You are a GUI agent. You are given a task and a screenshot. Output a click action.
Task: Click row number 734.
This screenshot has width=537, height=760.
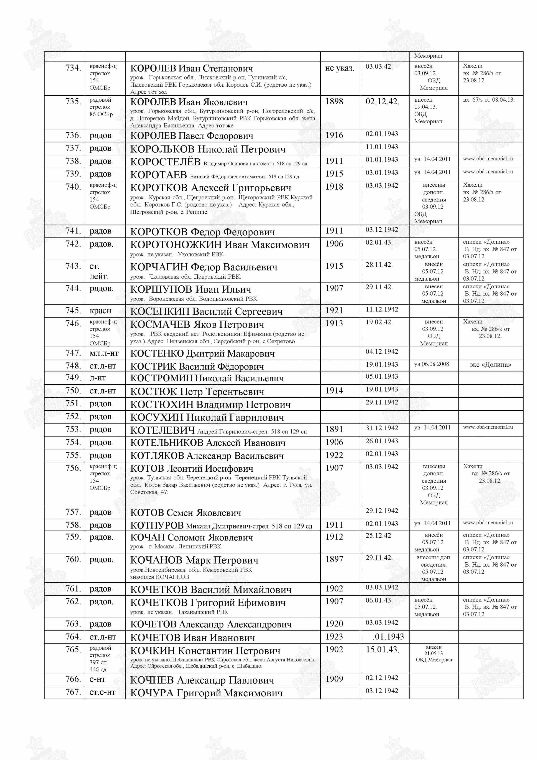coord(73,68)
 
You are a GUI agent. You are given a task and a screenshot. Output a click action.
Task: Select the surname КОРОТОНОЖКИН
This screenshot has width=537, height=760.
coord(176,245)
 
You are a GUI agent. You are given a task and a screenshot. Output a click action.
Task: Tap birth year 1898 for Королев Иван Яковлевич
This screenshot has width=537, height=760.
coord(334,102)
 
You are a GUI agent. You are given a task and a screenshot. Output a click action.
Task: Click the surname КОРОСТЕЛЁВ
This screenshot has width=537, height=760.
coord(165,162)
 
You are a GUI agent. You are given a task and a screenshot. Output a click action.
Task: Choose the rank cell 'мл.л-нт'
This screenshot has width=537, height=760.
coord(104,354)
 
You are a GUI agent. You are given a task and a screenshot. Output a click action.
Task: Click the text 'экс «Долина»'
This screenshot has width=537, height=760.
coord(490,365)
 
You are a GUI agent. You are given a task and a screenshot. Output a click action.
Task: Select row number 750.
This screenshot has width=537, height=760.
coord(73,391)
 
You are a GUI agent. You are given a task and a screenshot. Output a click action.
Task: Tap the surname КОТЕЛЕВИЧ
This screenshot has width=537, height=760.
coord(162,430)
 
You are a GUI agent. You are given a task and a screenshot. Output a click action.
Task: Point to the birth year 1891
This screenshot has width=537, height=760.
coord(334,429)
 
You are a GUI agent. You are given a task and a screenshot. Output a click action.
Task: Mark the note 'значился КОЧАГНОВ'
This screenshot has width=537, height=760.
coord(159,577)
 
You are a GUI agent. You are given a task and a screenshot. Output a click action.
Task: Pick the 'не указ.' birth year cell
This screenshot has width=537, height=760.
coord(340,68)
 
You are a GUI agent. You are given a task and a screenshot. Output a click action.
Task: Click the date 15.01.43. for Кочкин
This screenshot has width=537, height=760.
coord(382,649)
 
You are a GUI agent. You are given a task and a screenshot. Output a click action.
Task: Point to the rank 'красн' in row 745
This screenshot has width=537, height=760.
coord(100,311)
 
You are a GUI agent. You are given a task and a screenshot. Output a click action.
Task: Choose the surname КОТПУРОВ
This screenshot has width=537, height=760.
coord(157,526)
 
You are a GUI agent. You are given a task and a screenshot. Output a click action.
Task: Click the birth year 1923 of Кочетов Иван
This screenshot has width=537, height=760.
coord(334,636)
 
